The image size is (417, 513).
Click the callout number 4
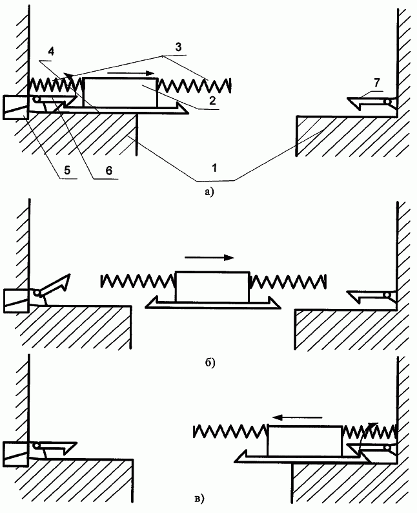coord(51,52)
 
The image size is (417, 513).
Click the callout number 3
coord(178,47)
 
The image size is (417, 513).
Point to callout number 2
coord(212,100)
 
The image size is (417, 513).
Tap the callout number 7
coord(377,83)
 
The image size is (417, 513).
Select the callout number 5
coord(67,170)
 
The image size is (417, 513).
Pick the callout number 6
coord(108,170)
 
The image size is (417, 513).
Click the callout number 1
coord(214,169)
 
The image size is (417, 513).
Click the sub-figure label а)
coord(209,192)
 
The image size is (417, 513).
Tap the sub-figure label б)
coord(210,362)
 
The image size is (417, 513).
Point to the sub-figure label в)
coord(199,499)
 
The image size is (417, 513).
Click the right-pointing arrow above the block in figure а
coord(130,73)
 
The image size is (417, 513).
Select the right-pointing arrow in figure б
coord(209,258)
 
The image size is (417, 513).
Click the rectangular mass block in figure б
coord(212,287)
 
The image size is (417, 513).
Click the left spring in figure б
coord(138,280)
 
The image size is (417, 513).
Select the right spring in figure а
coord(194,85)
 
